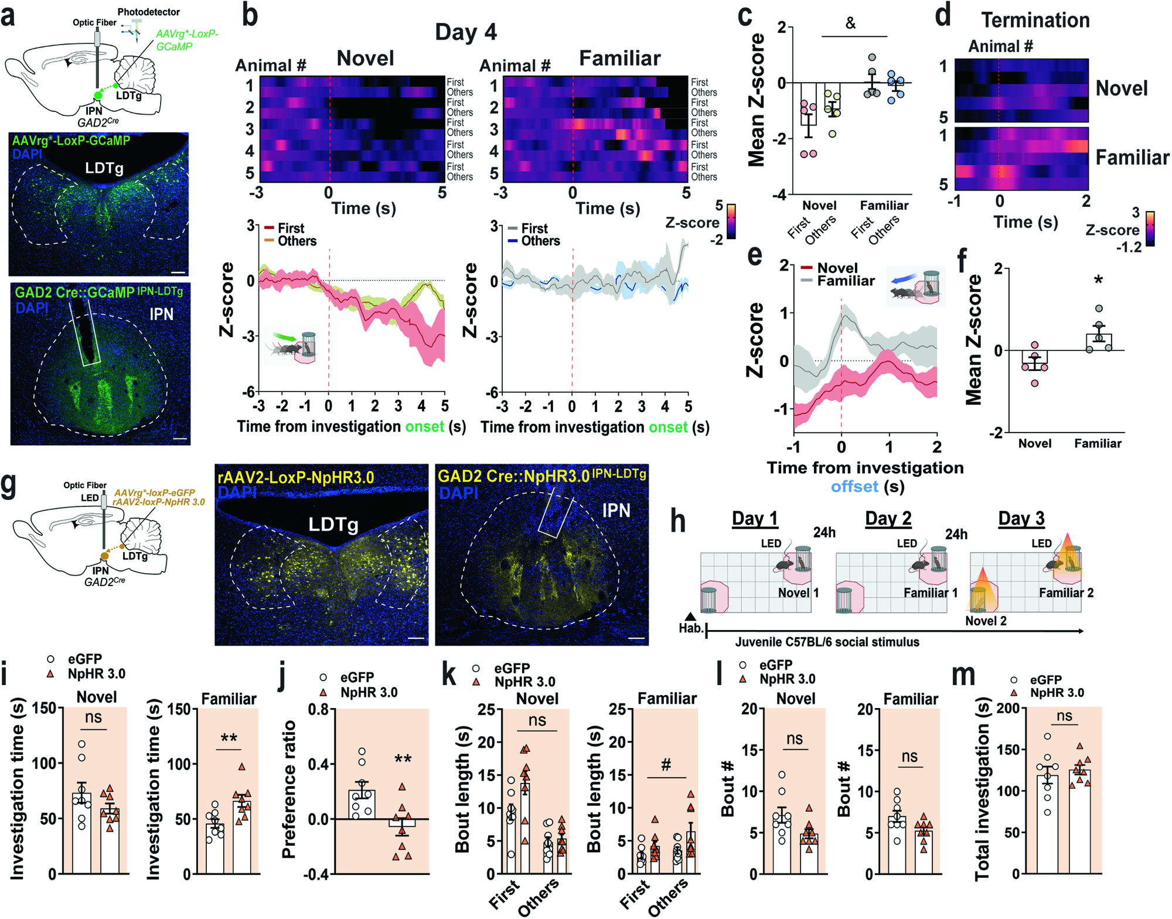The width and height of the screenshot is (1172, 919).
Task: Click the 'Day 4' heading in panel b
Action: (466, 32)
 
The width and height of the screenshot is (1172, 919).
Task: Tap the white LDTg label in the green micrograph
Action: (104, 168)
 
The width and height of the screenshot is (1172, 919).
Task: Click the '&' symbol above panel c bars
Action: (850, 23)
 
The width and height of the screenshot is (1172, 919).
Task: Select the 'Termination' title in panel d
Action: (1035, 21)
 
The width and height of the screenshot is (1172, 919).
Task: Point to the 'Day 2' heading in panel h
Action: (888, 519)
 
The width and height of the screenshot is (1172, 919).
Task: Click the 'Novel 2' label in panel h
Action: (986, 621)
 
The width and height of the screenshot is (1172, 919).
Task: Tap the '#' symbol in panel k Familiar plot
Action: (666, 765)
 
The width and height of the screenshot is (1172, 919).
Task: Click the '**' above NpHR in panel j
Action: (403, 760)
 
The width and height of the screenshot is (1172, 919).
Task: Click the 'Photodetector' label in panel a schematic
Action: (149, 12)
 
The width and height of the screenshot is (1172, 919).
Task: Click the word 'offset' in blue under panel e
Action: (854, 486)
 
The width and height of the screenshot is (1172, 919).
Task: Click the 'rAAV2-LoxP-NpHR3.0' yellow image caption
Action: (295, 478)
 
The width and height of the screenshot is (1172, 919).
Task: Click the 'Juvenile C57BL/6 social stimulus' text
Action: (827, 642)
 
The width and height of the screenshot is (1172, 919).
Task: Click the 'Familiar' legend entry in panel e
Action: (845, 281)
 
